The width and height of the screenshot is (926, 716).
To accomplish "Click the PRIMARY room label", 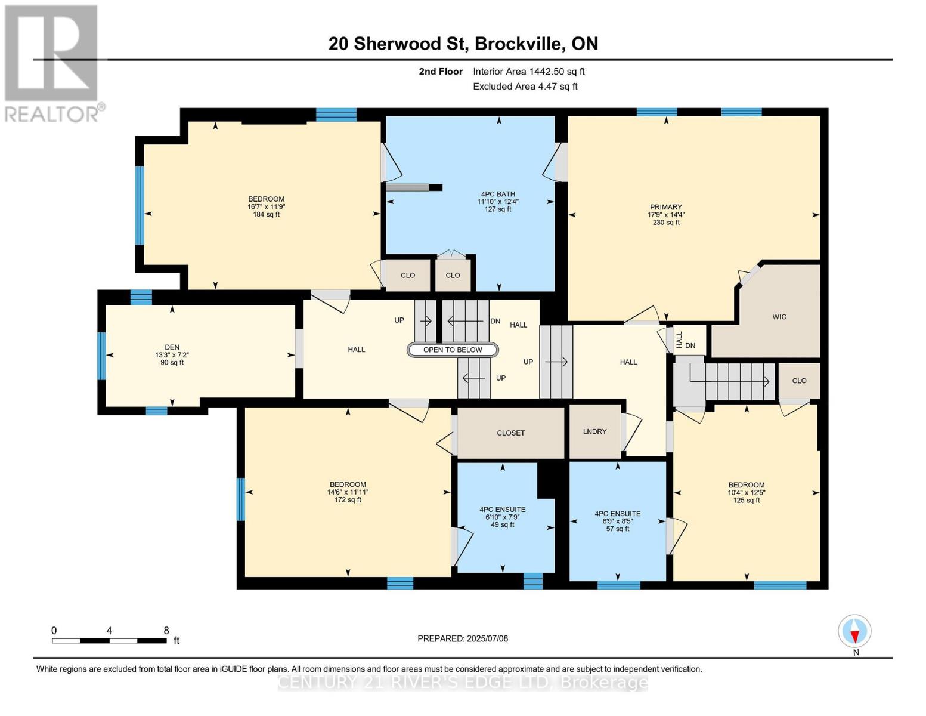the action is pyautogui.click(x=665, y=207).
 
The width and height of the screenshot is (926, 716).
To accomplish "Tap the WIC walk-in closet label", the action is pyautogui.click(x=779, y=317).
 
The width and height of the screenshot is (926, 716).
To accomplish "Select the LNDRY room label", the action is pyautogui.click(x=594, y=431).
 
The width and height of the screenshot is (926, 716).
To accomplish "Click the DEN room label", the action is pyautogui.click(x=172, y=347).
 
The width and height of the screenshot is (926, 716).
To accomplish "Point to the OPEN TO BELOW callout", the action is pyautogui.click(x=453, y=350).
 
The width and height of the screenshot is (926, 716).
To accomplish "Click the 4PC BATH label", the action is pyautogui.click(x=498, y=194).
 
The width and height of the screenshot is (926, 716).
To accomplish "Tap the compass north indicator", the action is pyautogui.click(x=854, y=631).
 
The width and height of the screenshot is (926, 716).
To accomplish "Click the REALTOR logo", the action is pyautogui.click(x=53, y=64).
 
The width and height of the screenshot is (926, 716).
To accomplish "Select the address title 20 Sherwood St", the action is pyautogui.click(x=398, y=44).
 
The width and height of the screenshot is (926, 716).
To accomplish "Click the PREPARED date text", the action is pyautogui.click(x=463, y=639).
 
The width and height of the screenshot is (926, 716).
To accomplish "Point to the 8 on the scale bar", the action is pyautogui.click(x=166, y=631).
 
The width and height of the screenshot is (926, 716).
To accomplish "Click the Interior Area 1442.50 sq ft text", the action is pyautogui.click(x=528, y=72).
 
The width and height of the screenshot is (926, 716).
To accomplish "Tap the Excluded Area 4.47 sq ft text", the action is pyautogui.click(x=525, y=87).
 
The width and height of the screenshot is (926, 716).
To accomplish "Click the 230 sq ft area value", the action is pyautogui.click(x=666, y=223).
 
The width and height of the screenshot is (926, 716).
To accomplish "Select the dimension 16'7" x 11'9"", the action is pyautogui.click(x=267, y=207).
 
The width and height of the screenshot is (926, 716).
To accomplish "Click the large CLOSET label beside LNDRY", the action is pyautogui.click(x=510, y=433).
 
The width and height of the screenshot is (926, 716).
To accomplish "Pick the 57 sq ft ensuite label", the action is pyautogui.click(x=618, y=529).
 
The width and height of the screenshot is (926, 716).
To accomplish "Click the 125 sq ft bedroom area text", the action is pyautogui.click(x=746, y=500).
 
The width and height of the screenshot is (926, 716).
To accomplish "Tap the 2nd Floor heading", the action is pyautogui.click(x=441, y=72).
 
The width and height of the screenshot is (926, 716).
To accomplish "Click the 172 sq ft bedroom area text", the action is pyautogui.click(x=348, y=500).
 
